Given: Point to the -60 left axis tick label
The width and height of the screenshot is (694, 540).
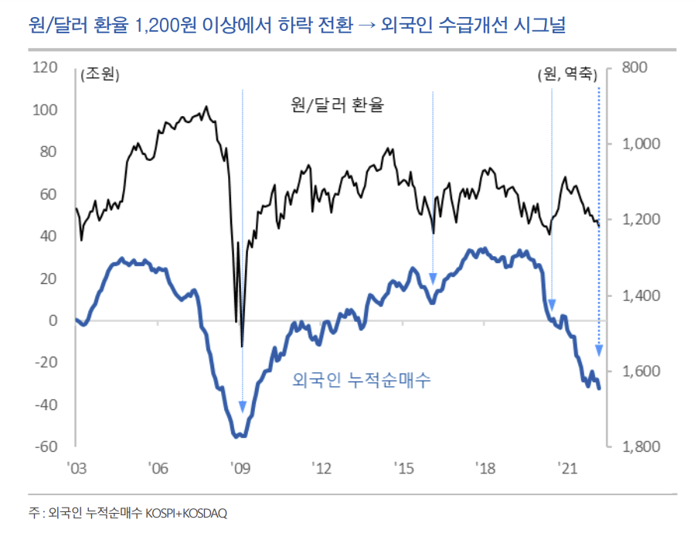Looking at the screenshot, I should pyautogui.click(x=44, y=446).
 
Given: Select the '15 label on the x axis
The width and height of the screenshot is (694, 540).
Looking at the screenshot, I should pyautogui.click(x=403, y=468).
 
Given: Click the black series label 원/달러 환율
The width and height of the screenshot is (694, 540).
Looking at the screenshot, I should pyautogui.click(x=337, y=104).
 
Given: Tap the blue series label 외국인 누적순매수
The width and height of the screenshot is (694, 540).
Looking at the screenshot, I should pyautogui.click(x=362, y=381).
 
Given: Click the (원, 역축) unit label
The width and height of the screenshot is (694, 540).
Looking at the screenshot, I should pyautogui.click(x=566, y=75).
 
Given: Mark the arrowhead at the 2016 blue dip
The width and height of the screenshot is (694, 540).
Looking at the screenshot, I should pyautogui.click(x=433, y=279).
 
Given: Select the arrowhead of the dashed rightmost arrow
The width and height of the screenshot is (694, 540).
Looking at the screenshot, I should pyautogui.click(x=599, y=350).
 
